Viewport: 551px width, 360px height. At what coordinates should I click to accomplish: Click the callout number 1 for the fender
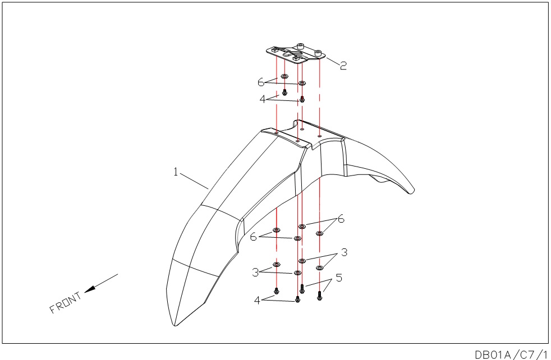click(176, 172)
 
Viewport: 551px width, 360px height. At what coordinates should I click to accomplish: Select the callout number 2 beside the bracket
click(343, 65)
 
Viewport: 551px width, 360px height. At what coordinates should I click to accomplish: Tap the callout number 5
click(339, 278)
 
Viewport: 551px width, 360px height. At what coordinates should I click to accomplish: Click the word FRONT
click(66, 303)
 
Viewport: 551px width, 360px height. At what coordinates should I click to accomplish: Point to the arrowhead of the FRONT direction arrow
click(90, 289)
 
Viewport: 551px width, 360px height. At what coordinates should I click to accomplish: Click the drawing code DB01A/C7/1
click(512, 354)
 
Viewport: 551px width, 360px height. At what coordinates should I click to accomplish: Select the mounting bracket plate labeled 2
click(295, 54)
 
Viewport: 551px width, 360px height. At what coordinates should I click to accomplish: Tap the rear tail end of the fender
click(412, 191)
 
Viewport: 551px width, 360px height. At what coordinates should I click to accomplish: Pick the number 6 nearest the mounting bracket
click(261, 82)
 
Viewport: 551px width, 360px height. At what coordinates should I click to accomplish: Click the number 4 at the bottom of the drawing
click(257, 301)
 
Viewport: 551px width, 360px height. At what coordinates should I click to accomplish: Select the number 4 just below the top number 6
click(263, 99)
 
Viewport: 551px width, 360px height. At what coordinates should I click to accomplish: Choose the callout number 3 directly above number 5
click(344, 252)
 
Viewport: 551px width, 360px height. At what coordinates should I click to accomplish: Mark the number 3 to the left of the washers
click(255, 272)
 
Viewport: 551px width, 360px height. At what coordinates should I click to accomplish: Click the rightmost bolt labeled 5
click(319, 296)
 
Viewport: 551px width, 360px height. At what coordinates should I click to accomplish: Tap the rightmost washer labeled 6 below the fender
click(319, 233)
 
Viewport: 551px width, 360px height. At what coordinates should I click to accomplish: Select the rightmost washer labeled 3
click(319, 268)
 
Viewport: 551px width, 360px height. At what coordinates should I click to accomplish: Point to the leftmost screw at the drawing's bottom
click(277, 291)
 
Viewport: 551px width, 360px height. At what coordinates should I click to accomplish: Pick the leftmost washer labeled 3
click(277, 264)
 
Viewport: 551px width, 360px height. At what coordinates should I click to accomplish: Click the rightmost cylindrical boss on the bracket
click(318, 53)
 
